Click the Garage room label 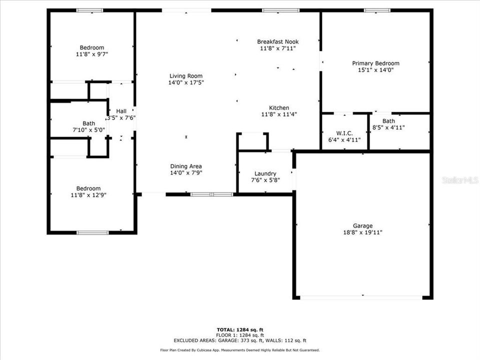pyautogui.click(x=362, y=225)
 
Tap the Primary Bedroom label pyautogui.click(x=375, y=63)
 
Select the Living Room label pyautogui.click(x=186, y=75)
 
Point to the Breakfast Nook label pyautogui.click(x=277, y=41)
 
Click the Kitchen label pyautogui.click(x=278, y=107)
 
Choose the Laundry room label pyautogui.click(x=265, y=173)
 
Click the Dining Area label pyautogui.click(x=186, y=166)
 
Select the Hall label pyautogui.click(x=121, y=111)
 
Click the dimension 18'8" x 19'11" pyautogui.click(x=362, y=232)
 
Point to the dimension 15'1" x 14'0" pyautogui.click(x=375, y=70)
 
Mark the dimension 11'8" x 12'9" pyautogui.click(x=88, y=195)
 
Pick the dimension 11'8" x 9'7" pyautogui.click(x=91, y=54)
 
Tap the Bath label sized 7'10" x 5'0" pyautogui.click(x=88, y=123)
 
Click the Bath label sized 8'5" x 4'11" pyautogui.click(x=388, y=121)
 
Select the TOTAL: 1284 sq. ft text pyautogui.click(x=239, y=329)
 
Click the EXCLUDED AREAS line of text pyautogui.click(x=239, y=340)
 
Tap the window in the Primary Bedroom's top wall pyautogui.click(x=376, y=10)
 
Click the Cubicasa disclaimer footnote pyautogui.click(x=239, y=350)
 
